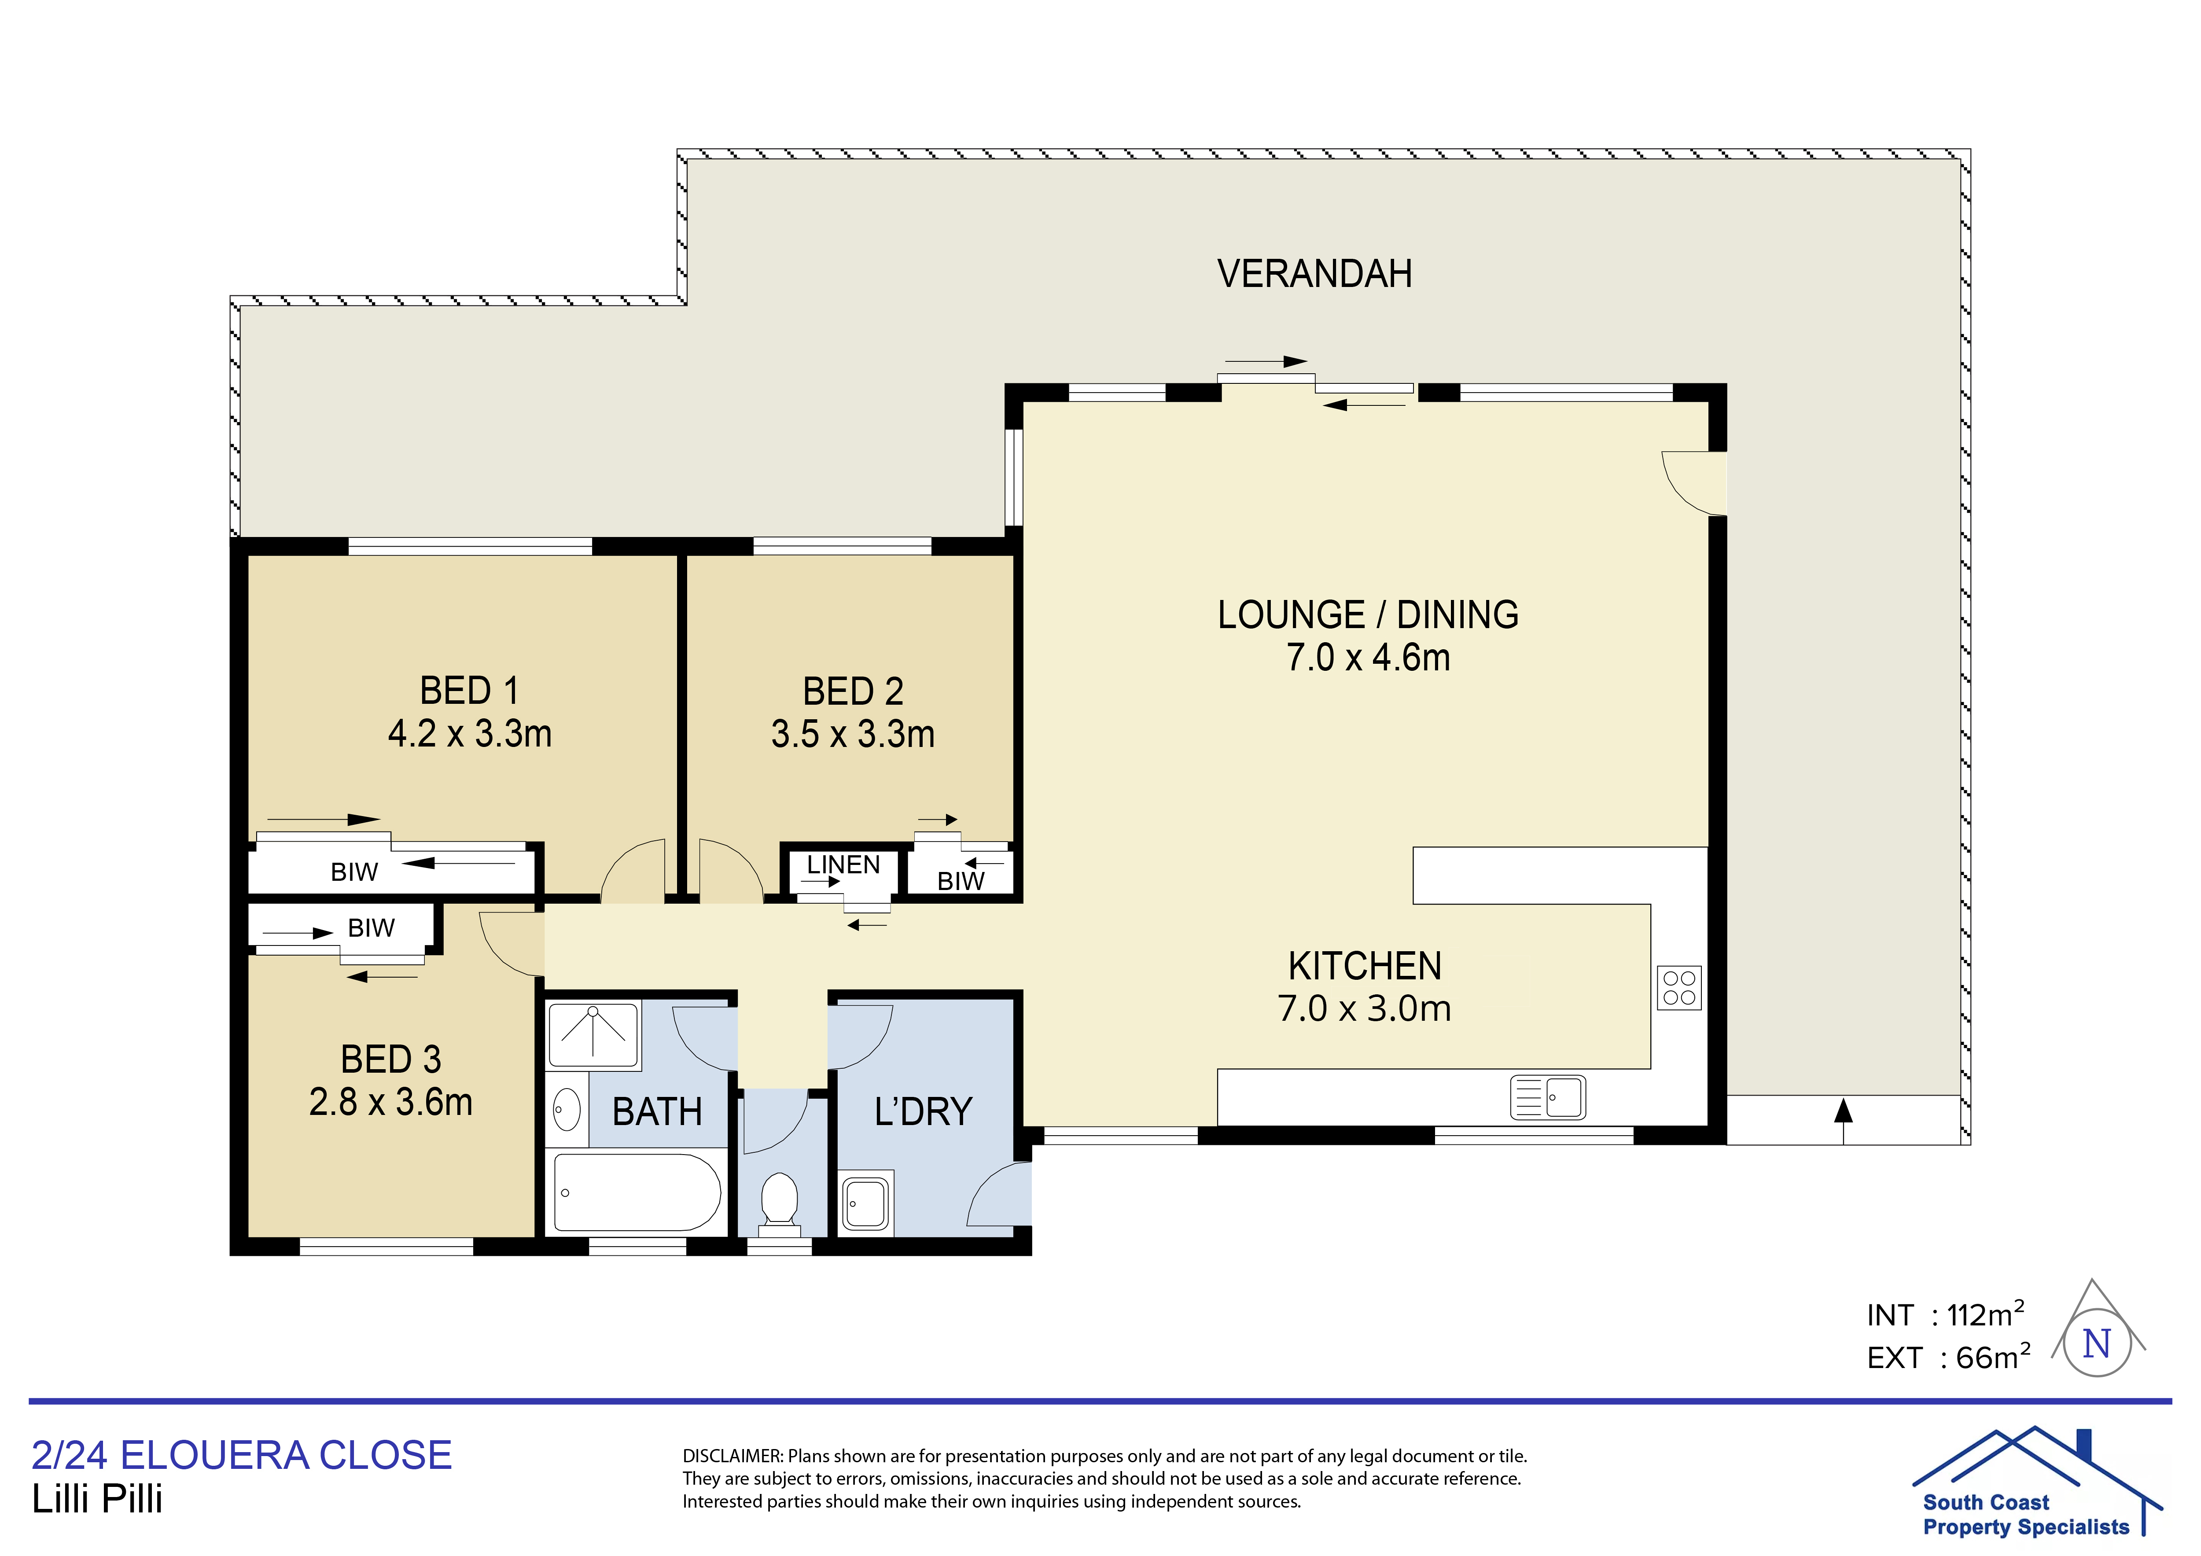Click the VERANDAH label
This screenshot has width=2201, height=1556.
pyautogui.click(x=1314, y=274)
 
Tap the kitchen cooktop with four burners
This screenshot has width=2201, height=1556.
pyautogui.click(x=1678, y=987)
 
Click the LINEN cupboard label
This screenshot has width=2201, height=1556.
pyautogui.click(x=843, y=865)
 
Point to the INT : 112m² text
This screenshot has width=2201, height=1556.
pyautogui.click(x=1945, y=1314)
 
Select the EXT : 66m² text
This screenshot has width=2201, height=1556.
pyautogui.click(x=1948, y=1357)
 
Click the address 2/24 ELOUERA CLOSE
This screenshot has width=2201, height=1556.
pyautogui.click(x=242, y=1455)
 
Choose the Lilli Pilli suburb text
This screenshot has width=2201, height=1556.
pyautogui.click(x=98, y=1498)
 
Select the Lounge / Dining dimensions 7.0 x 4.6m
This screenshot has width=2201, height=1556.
pyautogui.click(x=1368, y=658)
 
